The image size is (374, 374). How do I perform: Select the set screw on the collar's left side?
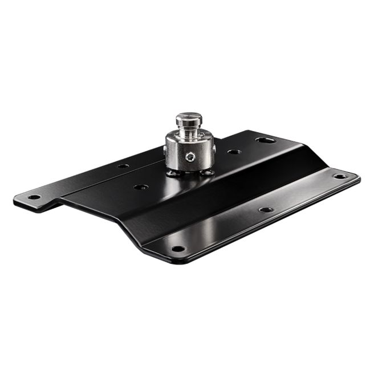(164, 149)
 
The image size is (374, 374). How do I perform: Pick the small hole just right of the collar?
(233, 153)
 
